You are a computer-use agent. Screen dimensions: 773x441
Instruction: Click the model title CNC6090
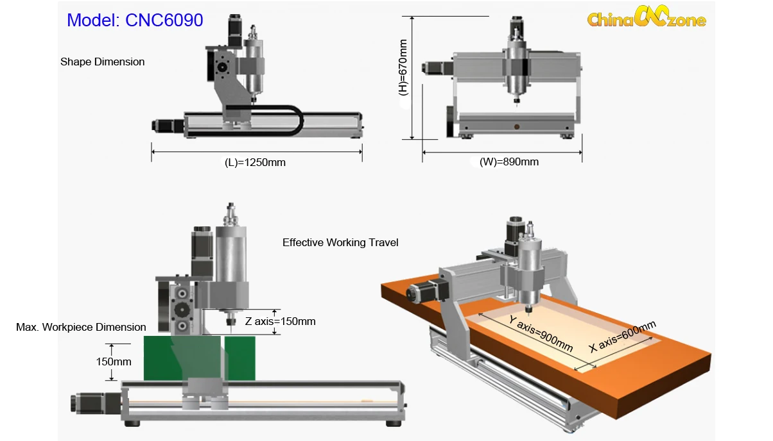pos(135,20)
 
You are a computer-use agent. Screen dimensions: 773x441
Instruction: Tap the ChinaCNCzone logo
pos(647,17)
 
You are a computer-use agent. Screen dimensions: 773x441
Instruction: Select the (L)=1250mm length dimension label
pos(255,162)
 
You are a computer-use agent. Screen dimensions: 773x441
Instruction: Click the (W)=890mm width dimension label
pos(509,162)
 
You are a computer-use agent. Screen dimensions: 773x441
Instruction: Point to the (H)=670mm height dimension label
pos(403,67)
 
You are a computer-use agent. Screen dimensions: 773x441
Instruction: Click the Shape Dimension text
pos(103,62)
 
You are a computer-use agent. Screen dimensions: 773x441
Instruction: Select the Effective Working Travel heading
pos(340,242)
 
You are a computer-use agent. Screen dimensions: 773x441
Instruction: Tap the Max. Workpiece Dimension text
pos(81,327)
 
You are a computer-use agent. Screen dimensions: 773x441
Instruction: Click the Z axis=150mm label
pos(280,321)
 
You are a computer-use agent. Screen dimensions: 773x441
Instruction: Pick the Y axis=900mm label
pos(541,333)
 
